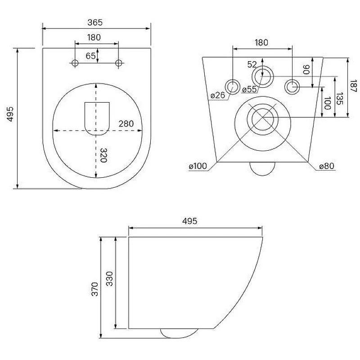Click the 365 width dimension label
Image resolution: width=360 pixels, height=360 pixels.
tap(95, 22)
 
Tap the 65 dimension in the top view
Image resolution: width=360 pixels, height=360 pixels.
tap(90, 56)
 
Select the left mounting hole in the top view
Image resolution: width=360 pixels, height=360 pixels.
tap(75, 63)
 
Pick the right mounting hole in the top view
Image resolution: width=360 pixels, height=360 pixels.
tap(118, 63)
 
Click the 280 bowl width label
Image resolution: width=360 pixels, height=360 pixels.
tap(126, 124)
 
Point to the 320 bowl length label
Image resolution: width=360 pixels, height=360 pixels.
tap(103, 155)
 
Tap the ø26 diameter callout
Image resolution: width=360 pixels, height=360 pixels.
tap(218, 95)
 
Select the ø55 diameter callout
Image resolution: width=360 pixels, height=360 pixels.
tap(249, 89)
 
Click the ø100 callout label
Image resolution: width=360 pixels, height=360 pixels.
tap(198, 166)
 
